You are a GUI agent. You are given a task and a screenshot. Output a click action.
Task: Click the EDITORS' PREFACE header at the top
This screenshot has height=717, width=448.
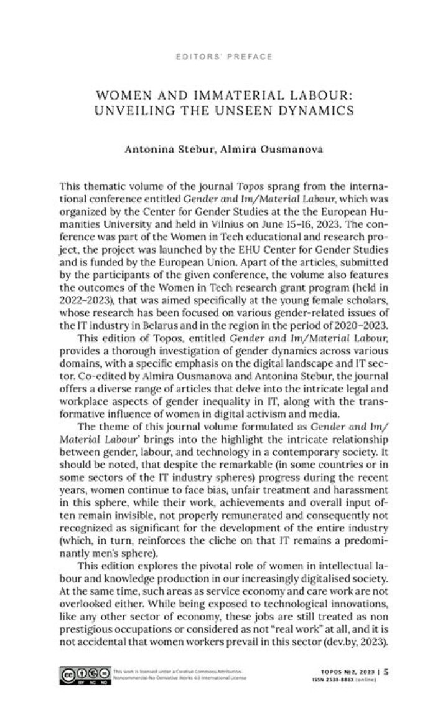225,57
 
